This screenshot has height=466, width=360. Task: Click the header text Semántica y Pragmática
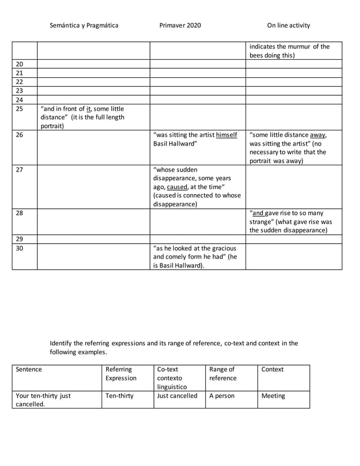coord(84,25)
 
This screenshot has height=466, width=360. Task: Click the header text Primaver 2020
coord(180,25)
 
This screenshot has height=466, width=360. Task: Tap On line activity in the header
coord(288,25)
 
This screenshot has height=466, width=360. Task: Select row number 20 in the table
coord(19,64)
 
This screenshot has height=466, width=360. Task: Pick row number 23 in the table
coord(19,91)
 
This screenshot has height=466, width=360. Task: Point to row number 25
coord(19,108)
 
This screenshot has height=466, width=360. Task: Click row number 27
coord(19,169)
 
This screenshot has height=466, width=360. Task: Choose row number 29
coord(19,239)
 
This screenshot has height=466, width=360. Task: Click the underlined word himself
coord(226,135)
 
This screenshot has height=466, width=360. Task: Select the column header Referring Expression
coord(121,373)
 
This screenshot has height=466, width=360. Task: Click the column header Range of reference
coord(222,373)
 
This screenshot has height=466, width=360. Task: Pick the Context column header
coord(273,370)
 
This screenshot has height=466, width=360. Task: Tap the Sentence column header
coord(29,370)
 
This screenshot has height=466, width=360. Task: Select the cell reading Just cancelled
coord(177,396)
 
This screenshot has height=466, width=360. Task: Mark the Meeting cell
coord(273,396)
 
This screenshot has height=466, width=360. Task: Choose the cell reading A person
coord(222,396)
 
